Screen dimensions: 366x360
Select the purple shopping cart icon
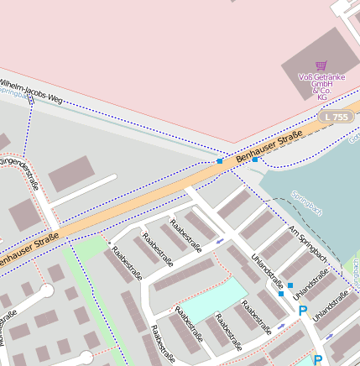(321, 65)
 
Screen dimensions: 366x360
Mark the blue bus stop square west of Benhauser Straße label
(220, 160)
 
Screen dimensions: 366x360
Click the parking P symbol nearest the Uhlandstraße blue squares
(303, 311)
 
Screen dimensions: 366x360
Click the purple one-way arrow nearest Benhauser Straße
(220, 242)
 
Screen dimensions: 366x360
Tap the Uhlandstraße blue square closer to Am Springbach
(290, 286)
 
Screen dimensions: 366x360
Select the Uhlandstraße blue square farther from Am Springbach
(281, 294)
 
